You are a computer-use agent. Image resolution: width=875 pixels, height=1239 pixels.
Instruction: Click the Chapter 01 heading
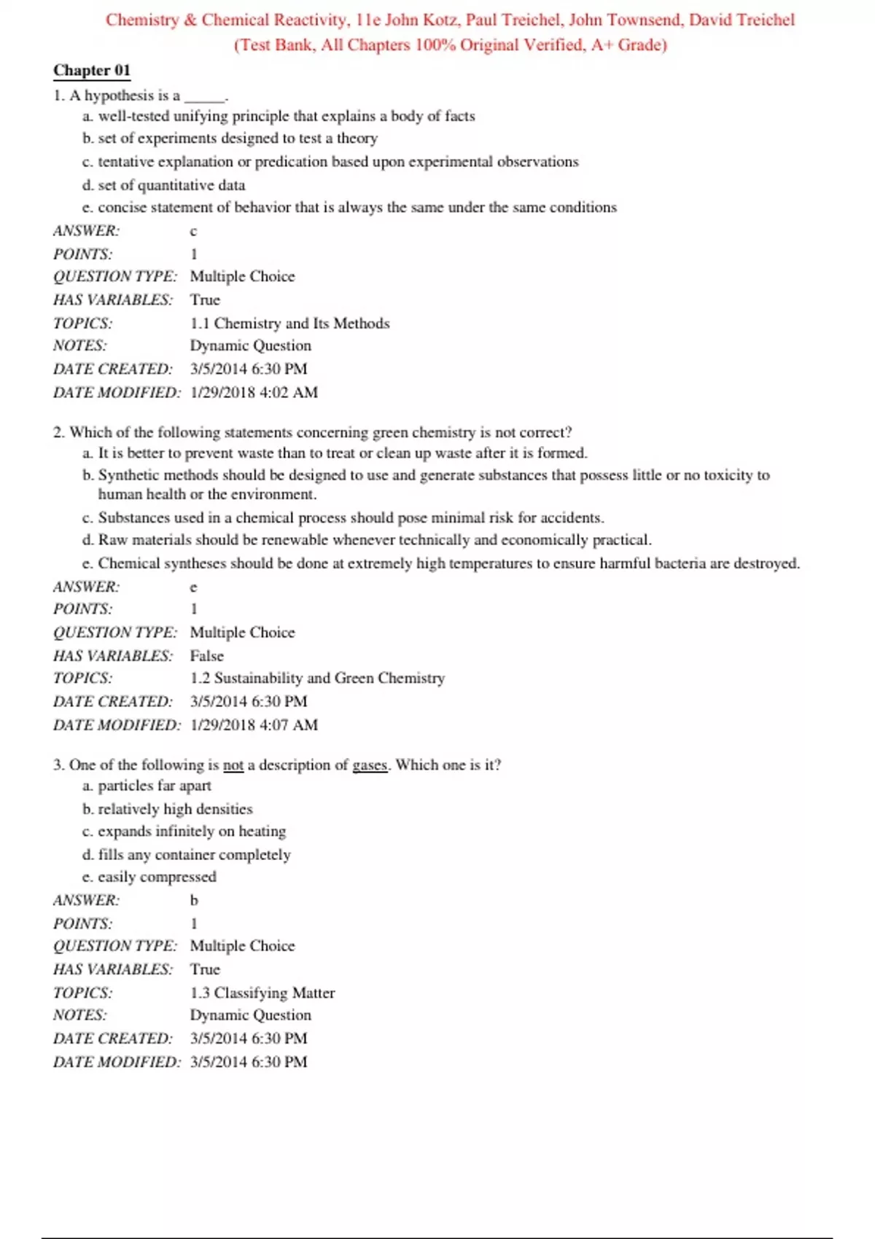pyautogui.click(x=92, y=71)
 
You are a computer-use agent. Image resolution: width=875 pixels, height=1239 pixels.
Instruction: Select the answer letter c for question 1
pyautogui.click(x=193, y=232)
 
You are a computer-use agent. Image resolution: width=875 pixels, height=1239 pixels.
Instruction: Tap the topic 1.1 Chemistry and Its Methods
pyautogui.click(x=289, y=323)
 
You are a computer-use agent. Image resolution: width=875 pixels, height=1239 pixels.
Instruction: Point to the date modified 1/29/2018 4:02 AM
pyautogui.click(x=254, y=392)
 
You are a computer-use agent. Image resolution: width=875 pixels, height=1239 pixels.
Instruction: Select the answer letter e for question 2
pyautogui.click(x=193, y=587)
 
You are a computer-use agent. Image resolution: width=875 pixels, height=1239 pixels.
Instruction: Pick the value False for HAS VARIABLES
pyautogui.click(x=206, y=656)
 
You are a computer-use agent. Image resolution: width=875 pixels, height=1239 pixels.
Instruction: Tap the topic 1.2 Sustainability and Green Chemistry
pyautogui.click(x=317, y=678)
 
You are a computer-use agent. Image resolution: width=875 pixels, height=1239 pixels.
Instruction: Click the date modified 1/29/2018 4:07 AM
pyautogui.click(x=254, y=724)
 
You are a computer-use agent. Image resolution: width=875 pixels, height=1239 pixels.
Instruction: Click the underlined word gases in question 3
pyautogui.click(x=370, y=765)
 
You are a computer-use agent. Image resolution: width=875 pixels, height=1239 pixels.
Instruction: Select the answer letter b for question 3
pyautogui.click(x=194, y=900)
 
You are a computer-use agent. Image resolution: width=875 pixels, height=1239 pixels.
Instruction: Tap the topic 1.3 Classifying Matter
pyautogui.click(x=262, y=993)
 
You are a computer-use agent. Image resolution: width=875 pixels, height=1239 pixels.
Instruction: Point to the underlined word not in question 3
pyautogui.click(x=233, y=765)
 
